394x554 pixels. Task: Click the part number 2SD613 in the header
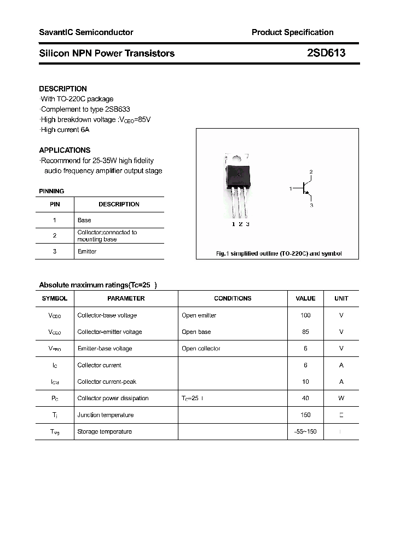(326, 53)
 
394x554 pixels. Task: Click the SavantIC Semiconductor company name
(86, 32)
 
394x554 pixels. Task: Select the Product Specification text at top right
(292, 32)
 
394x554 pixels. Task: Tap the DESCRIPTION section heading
(63, 89)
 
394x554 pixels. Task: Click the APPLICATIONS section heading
(65, 150)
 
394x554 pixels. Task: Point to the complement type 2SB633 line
(85, 109)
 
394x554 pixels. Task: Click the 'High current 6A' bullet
(65, 130)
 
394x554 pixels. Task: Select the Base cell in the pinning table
(84, 220)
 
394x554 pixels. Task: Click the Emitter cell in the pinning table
(87, 251)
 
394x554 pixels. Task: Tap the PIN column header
(55, 204)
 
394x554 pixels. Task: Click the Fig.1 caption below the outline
(278, 253)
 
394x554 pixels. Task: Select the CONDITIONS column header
(233, 298)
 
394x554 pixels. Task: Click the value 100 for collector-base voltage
(305, 315)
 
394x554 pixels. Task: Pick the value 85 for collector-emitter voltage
(305, 332)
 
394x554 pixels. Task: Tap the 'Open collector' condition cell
(201, 348)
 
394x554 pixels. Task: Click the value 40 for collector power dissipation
(305, 398)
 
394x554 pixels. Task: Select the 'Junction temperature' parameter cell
(105, 415)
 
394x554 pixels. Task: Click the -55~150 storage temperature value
(305, 431)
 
